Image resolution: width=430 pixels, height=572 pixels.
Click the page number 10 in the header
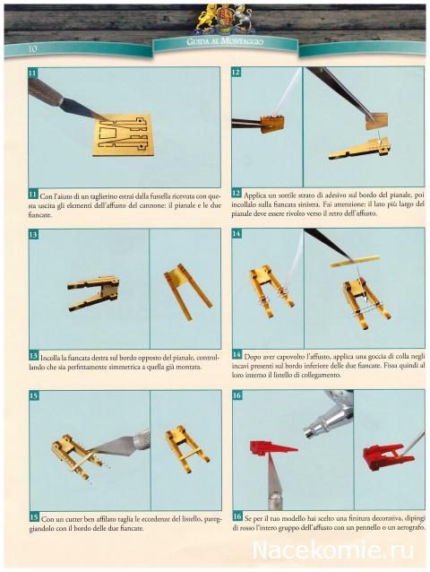point(32,48)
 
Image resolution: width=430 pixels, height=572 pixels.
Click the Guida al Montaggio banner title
point(225,42)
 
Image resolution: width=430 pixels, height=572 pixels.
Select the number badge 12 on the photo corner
point(236,72)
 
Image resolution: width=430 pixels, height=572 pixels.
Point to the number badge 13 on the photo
point(33,234)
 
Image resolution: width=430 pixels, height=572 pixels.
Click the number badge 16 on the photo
point(236,395)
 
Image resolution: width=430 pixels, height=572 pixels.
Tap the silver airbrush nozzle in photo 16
point(328,417)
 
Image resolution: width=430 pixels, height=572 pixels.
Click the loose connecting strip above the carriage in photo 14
point(355,261)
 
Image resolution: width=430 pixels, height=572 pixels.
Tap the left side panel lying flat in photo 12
point(359,150)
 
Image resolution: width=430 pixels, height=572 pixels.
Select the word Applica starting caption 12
point(255,195)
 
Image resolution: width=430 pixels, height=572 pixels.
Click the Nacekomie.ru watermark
point(333,550)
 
